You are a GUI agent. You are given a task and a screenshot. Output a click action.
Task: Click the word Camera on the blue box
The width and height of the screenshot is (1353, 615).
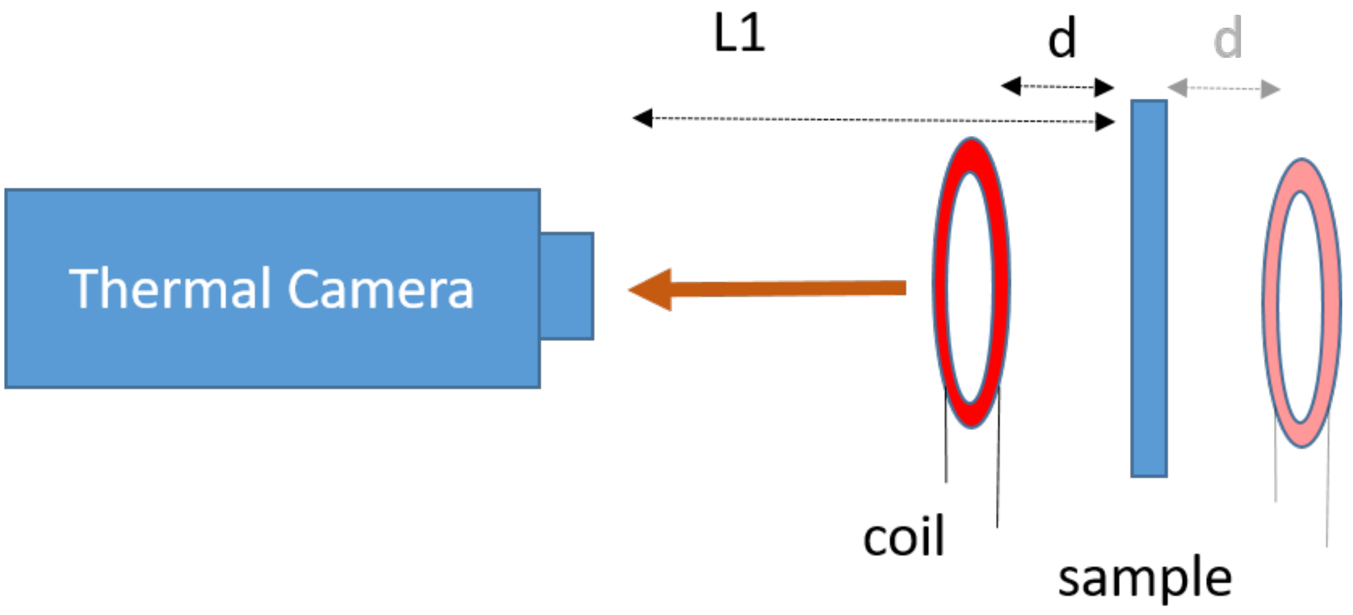pos(381,289)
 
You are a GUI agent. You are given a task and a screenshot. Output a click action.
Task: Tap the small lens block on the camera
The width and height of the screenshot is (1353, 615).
pos(567,286)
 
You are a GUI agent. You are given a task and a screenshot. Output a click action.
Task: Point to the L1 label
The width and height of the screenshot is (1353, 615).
pos(739,34)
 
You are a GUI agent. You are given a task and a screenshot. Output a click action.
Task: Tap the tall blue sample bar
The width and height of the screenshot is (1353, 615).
pos(1149,288)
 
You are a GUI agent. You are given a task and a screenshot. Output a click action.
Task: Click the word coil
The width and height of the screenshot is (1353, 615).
pos(904,536)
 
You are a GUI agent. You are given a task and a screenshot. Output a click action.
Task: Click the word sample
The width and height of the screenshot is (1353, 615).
pos(1145,578)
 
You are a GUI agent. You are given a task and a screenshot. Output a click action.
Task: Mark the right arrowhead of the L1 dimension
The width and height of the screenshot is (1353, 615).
pos(1105,122)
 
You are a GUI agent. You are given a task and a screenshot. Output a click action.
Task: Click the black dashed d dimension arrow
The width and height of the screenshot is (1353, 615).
pos(1057,87)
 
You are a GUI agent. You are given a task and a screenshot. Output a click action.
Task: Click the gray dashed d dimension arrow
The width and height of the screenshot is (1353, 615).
pos(1224,88)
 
